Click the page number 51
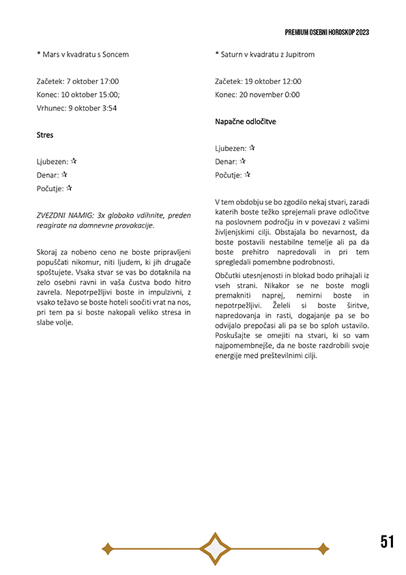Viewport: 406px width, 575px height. point(387,542)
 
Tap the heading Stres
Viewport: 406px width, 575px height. point(45,135)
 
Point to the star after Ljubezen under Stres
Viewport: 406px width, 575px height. point(74,161)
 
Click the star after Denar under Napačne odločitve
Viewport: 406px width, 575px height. point(242,161)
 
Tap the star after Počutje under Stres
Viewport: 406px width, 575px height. point(69,188)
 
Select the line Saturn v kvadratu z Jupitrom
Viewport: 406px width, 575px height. point(264,54)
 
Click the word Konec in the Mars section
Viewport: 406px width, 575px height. point(49,95)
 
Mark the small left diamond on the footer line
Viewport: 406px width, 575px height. point(107,548)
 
